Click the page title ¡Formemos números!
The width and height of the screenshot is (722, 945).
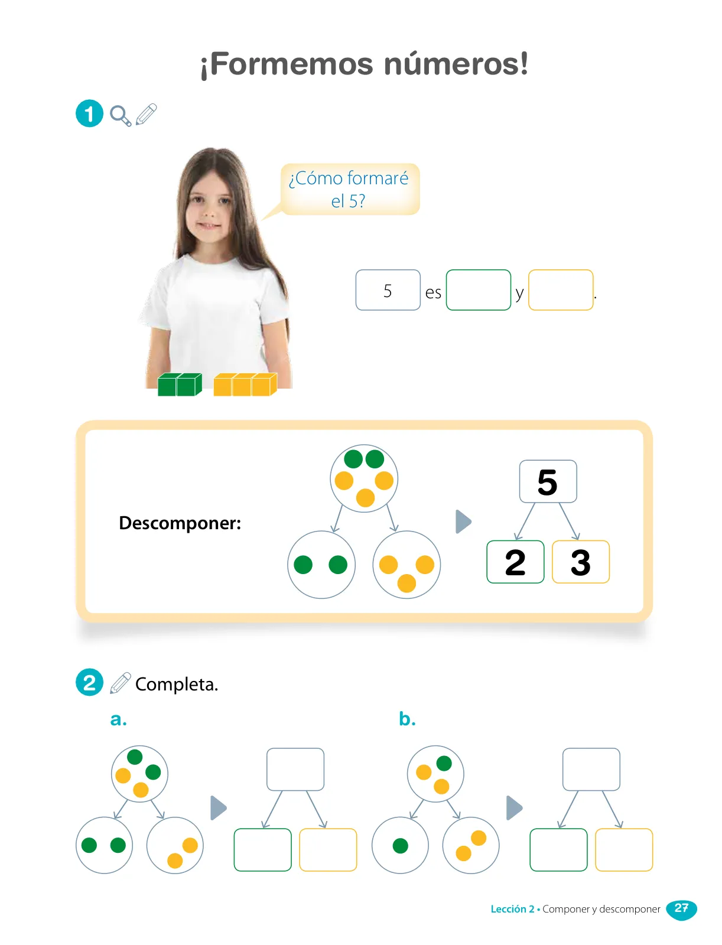coord(364,64)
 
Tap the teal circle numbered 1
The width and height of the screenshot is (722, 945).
coord(90,113)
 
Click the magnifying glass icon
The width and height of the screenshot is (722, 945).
coord(121,115)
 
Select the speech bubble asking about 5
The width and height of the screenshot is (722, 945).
coord(348,190)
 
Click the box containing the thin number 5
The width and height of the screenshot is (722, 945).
coord(388,290)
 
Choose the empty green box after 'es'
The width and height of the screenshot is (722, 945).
coord(479,290)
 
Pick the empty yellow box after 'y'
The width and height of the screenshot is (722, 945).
coord(561,290)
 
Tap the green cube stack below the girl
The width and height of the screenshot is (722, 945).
coord(180,384)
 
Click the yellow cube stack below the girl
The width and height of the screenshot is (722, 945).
coord(245,384)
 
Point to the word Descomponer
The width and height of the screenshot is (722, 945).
coord(180,523)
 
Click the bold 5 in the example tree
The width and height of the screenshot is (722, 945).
coord(548,482)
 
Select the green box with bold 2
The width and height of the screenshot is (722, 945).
coord(515,562)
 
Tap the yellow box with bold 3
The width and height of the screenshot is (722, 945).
coord(581,562)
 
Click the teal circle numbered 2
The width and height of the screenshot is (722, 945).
coord(90,682)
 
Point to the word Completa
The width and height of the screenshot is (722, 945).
coord(177,684)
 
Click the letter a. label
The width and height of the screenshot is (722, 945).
coord(118,719)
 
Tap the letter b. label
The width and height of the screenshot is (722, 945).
coord(407,719)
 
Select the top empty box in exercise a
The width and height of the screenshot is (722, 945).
coord(295,770)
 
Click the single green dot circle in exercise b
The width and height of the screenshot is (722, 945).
coord(401,845)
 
